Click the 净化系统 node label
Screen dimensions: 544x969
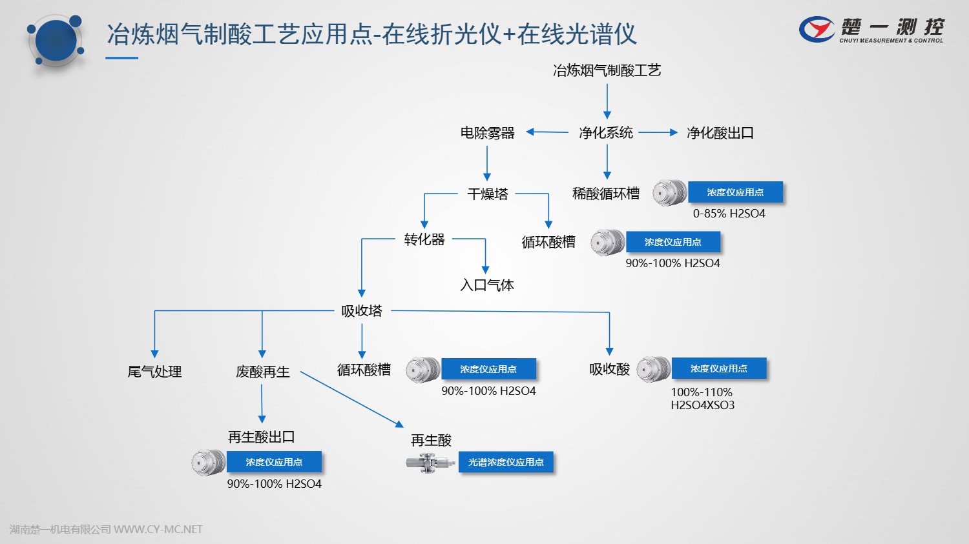(605, 133)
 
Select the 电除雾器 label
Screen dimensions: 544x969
(487, 133)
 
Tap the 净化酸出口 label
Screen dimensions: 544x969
(720, 133)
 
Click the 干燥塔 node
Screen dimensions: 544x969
(487, 194)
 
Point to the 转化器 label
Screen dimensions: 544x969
(424, 239)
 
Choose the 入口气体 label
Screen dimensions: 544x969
(486, 285)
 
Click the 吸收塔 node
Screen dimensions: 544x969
(362, 311)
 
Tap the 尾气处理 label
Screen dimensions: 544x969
(154, 372)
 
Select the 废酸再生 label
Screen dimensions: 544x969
(262, 372)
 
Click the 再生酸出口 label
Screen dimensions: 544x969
(261, 437)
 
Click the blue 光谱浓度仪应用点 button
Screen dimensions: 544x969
(506, 462)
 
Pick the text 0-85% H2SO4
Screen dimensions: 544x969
(729, 214)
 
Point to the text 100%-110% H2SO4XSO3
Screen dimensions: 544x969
(702, 399)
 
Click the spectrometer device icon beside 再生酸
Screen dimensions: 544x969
(430, 462)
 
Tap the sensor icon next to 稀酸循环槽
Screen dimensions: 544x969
(669, 193)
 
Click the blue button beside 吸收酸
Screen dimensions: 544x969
(718, 368)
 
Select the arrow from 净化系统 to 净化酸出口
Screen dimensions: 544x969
(658, 132)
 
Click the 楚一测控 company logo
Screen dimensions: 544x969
(871, 29)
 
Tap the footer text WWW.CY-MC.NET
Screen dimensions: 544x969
(158, 529)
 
